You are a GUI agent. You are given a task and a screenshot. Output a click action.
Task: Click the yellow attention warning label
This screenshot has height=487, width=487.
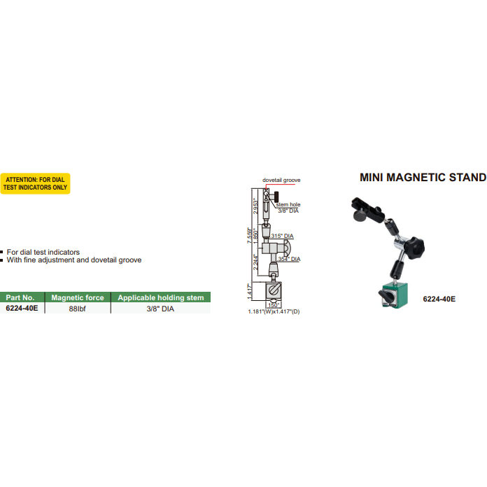[36, 183]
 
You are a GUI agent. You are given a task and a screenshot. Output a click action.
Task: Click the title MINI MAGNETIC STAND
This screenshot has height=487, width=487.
[423, 178]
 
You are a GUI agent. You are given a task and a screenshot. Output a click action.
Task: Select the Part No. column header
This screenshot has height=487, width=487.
[21, 297]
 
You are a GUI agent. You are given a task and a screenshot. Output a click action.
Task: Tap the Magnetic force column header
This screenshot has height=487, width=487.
[78, 297]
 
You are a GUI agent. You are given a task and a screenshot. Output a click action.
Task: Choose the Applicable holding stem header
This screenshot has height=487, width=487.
[161, 297]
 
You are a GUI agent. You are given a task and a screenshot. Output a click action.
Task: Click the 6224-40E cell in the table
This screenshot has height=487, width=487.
[21, 308]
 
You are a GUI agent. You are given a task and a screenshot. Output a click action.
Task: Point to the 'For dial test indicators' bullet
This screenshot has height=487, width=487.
[43, 251]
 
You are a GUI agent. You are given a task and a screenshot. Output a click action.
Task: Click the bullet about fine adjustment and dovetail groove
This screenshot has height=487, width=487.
[73, 260]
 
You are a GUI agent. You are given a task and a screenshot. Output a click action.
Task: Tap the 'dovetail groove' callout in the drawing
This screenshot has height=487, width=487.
[281, 180]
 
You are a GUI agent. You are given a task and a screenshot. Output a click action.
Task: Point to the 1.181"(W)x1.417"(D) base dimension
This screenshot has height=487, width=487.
[274, 310]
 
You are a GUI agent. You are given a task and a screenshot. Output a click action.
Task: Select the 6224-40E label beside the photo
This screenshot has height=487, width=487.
[439, 299]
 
